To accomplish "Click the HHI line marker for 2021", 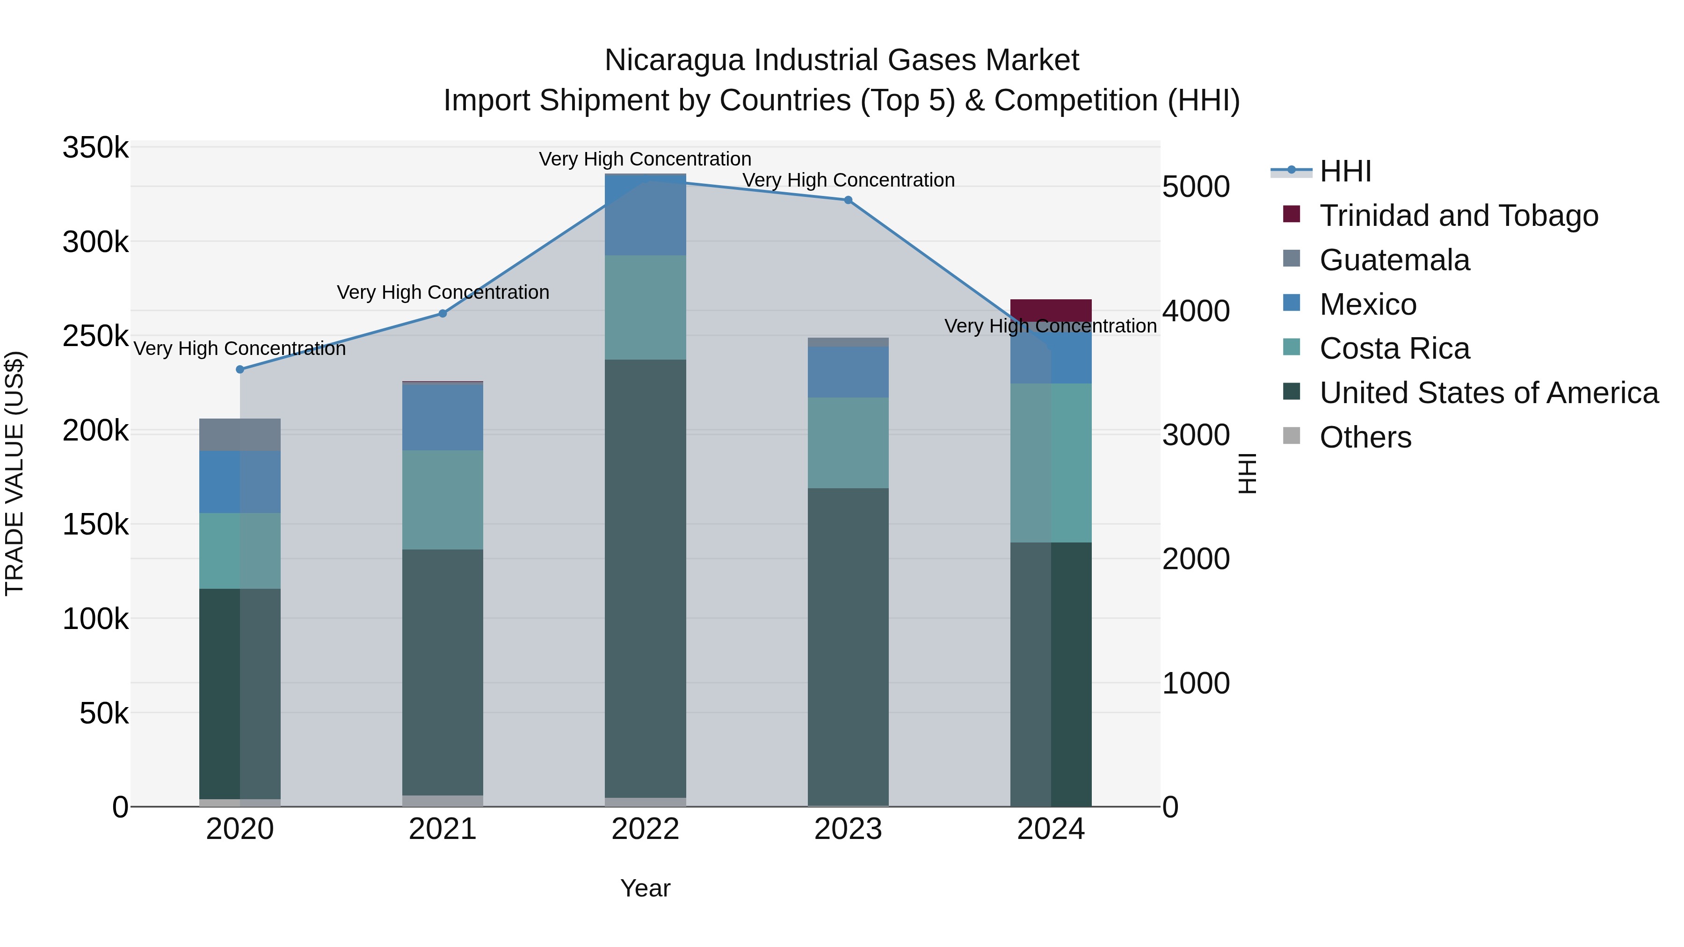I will [443, 314].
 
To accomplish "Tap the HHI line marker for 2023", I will [849, 200].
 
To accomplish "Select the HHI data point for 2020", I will [240, 369].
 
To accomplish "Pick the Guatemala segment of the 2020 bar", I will [240, 434].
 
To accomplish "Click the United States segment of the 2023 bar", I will [849, 647].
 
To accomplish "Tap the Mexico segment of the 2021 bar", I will [443, 417].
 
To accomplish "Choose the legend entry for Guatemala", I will [1394, 260].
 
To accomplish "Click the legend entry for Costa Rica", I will [1394, 348].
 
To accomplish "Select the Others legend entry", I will [1365, 437].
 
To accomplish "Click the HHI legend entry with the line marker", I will [1345, 171].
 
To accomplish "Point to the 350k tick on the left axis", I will [95, 148].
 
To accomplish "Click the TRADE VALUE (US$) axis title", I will [15, 473].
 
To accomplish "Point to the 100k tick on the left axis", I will [95, 619].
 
